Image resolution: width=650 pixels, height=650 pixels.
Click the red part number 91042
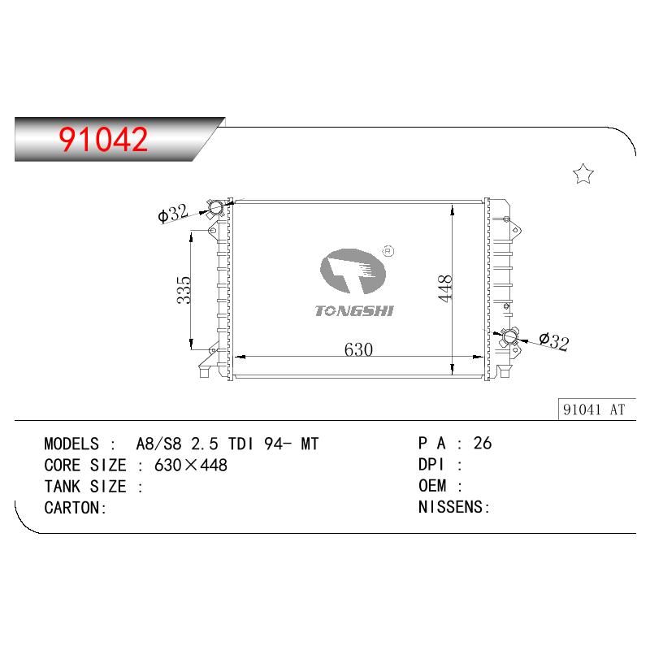tap(103, 139)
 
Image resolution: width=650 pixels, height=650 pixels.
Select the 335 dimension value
tap(184, 290)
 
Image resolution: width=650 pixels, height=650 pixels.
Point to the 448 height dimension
tap(444, 288)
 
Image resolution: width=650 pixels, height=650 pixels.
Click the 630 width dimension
tap(358, 349)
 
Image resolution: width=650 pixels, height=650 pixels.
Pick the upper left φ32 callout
tap(173, 214)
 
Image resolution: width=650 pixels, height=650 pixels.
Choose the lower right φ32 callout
tap(554, 341)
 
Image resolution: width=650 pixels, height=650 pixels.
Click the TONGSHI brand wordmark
tap(354, 310)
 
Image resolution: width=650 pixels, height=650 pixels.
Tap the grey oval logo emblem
tap(353, 271)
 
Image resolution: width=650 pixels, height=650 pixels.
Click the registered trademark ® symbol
tap(388, 251)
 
